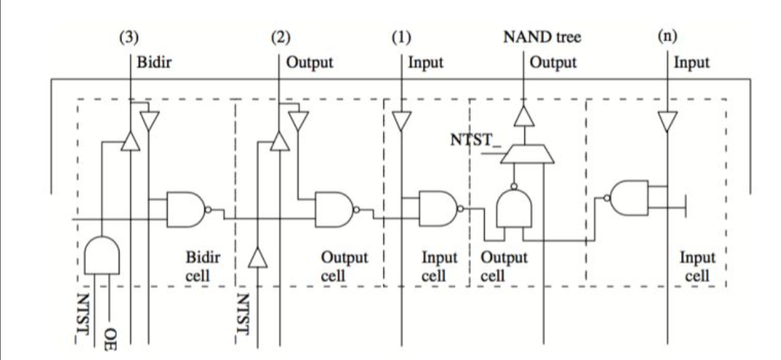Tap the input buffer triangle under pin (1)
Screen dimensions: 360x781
tap(402, 120)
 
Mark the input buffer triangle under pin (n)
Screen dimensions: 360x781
tap(668, 120)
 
